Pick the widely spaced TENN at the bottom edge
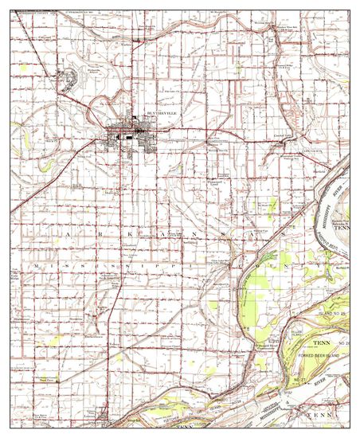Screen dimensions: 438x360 pos(323,415)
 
